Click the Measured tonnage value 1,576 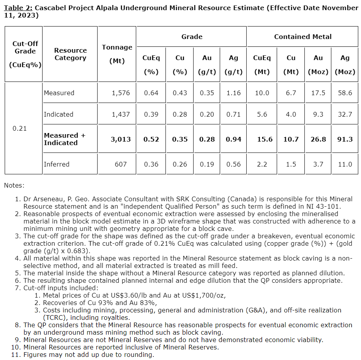121,93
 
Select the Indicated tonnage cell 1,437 121,114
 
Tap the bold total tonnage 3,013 121,139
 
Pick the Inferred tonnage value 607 121,164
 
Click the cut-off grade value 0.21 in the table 20,128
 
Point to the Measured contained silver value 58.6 345,93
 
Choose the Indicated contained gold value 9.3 318,114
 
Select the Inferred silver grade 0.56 233,164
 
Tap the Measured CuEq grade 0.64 151,93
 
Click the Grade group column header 192,37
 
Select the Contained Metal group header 302,37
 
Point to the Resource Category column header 70,54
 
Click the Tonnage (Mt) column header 117,54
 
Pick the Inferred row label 57,164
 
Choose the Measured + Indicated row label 64,139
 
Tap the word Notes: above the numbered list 14,185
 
